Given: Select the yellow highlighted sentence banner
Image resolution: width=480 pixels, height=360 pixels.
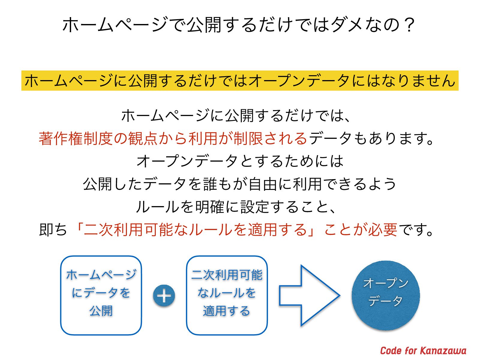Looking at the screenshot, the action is point(240,80).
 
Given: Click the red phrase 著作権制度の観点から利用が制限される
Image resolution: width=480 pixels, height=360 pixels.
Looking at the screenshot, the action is point(173,138).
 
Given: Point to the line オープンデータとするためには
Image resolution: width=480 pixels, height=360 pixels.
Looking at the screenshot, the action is point(240,161).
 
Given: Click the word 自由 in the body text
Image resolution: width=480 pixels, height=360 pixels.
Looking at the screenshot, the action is point(263,184).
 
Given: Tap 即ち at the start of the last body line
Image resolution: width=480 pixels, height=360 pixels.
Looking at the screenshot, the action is point(53,230).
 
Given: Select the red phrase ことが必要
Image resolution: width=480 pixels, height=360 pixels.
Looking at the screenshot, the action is point(361,230).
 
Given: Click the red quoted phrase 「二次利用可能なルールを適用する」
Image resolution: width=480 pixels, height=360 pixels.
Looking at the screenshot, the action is point(195,230).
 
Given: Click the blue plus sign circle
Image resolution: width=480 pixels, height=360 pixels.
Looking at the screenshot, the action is point(164,296).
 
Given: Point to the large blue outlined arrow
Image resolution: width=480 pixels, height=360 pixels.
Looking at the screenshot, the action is point(309,295).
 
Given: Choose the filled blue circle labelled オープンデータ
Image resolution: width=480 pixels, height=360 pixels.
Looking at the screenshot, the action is point(386,295).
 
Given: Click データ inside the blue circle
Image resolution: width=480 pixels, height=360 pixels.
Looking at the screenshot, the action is point(385,301).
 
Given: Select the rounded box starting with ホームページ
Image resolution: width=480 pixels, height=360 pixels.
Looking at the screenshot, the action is point(101,295).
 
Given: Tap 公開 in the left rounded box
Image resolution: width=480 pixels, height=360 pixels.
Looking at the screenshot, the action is point(101,311).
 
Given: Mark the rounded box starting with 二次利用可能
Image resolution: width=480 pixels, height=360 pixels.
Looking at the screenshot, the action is point(227,295).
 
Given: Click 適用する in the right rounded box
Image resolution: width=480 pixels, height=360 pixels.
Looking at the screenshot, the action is point(227,311).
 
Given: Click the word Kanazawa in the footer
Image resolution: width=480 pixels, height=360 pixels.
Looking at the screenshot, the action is point(443,350).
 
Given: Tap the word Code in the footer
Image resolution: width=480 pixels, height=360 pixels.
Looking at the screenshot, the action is point(391,350).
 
